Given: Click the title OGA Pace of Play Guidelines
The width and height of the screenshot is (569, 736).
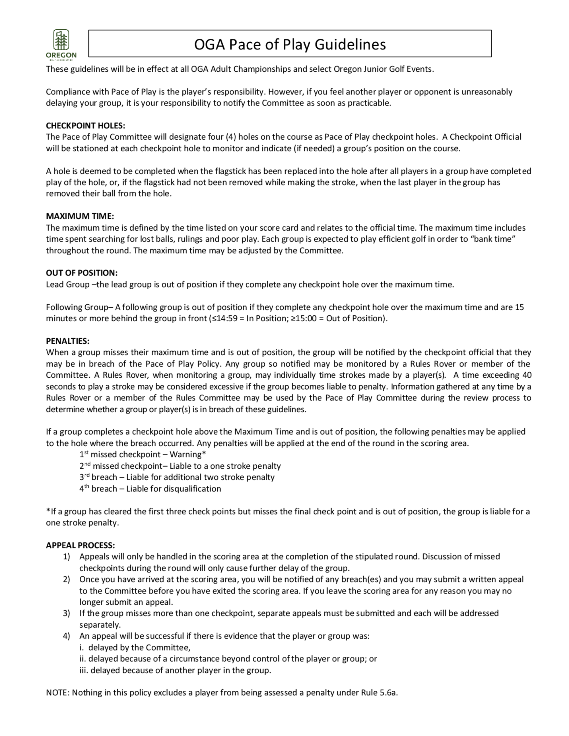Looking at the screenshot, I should (x=290, y=44).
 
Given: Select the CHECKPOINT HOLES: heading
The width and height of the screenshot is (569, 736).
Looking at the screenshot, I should (x=85, y=126).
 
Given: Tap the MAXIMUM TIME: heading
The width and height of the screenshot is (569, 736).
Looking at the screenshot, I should (x=80, y=216).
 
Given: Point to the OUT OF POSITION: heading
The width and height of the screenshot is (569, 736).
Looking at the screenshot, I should (x=82, y=273).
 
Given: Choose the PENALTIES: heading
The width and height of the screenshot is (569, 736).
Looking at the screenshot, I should (x=68, y=341).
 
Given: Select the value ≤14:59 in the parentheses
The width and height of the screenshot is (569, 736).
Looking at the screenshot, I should (x=224, y=319).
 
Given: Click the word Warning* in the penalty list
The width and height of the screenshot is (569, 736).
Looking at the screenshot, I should (x=187, y=455).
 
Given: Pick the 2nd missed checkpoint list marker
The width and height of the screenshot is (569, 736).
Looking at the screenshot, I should (x=85, y=466).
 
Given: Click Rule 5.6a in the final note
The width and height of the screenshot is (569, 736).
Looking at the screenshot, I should (x=379, y=693).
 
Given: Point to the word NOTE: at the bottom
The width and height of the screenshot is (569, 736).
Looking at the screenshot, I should (x=58, y=693).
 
